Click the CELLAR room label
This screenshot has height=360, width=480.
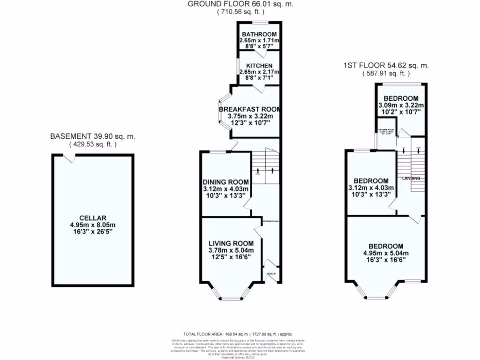pyautogui.click(x=93, y=218)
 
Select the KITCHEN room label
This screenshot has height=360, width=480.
pyautogui.click(x=259, y=66)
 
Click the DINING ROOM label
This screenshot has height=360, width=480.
pyautogui.click(x=225, y=182)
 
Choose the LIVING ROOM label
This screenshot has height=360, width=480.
pyautogui.click(x=231, y=243)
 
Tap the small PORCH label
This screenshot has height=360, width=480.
pyautogui.click(x=271, y=273)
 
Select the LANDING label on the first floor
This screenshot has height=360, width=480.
pyautogui.click(x=411, y=179)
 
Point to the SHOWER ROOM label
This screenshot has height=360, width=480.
pyautogui.click(x=386, y=129)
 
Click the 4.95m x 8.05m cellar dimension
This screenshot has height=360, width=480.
pyautogui.click(x=93, y=225)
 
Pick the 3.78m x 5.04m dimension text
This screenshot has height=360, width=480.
pyautogui.click(x=231, y=250)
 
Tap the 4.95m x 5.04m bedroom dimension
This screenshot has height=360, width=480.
pyautogui.click(x=386, y=253)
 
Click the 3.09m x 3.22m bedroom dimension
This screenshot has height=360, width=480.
pyautogui.click(x=400, y=105)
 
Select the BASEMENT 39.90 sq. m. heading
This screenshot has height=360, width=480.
pyautogui.click(x=93, y=136)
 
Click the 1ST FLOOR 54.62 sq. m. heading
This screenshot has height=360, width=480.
pyautogui.click(x=386, y=66)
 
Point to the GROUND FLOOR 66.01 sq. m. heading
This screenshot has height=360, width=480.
pyautogui.click(x=241, y=4)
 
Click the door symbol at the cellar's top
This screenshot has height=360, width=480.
pyautogui.click(x=69, y=159)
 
